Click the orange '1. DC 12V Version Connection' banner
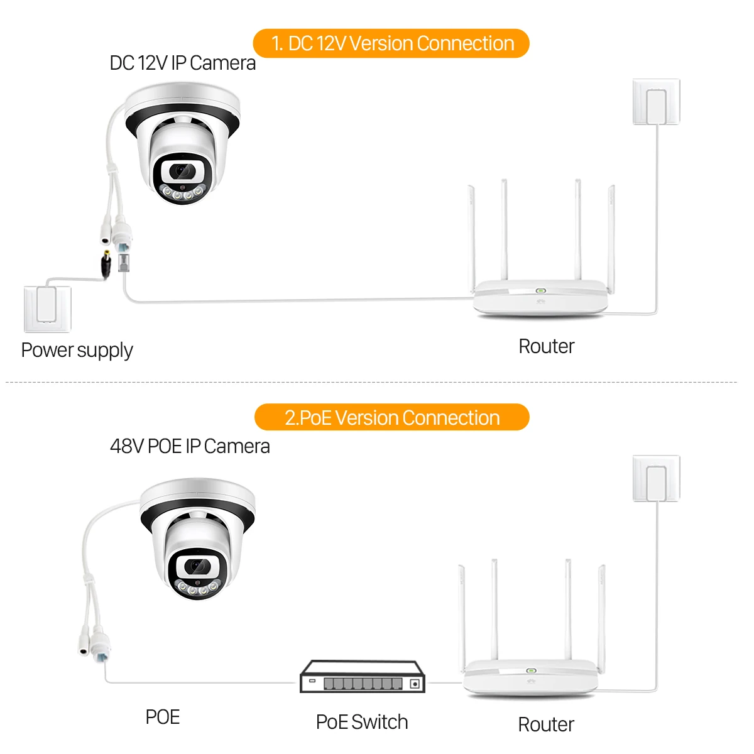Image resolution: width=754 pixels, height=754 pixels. (391, 43)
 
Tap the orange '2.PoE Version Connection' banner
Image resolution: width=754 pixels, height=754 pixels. (391, 418)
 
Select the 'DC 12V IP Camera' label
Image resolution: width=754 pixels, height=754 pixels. (182, 63)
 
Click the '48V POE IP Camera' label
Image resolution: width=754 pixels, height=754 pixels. (190, 446)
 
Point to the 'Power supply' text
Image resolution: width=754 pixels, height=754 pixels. (77, 350)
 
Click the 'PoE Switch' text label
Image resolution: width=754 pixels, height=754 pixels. (362, 722)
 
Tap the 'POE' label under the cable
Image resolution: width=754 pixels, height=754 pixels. (162, 717)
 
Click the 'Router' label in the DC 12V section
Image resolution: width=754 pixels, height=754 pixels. (546, 346)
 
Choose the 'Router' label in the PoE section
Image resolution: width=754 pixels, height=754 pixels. (545, 724)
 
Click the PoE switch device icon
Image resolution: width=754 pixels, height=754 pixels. (363, 677)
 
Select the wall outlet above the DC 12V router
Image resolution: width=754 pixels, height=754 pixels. (656, 102)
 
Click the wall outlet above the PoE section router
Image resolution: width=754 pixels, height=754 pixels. (656, 479)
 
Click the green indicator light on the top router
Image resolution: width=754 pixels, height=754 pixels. (540, 292)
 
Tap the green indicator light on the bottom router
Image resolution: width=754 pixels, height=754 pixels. (531, 670)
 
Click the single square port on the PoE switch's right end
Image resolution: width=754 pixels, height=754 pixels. (414, 684)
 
